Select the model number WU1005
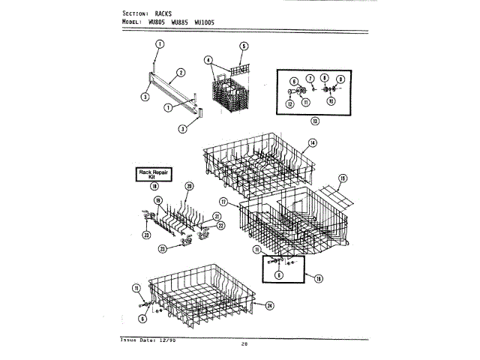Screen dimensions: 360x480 tap(204, 22)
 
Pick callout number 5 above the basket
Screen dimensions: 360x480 tap(244, 46)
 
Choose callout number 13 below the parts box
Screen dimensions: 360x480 tap(315, 121)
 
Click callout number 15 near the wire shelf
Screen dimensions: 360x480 tap(342, 178)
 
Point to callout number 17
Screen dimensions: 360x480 tap(223, 202)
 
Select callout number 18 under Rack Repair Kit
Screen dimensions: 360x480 tap(154, 185)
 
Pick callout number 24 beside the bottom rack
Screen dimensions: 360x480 tap(270, 305)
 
